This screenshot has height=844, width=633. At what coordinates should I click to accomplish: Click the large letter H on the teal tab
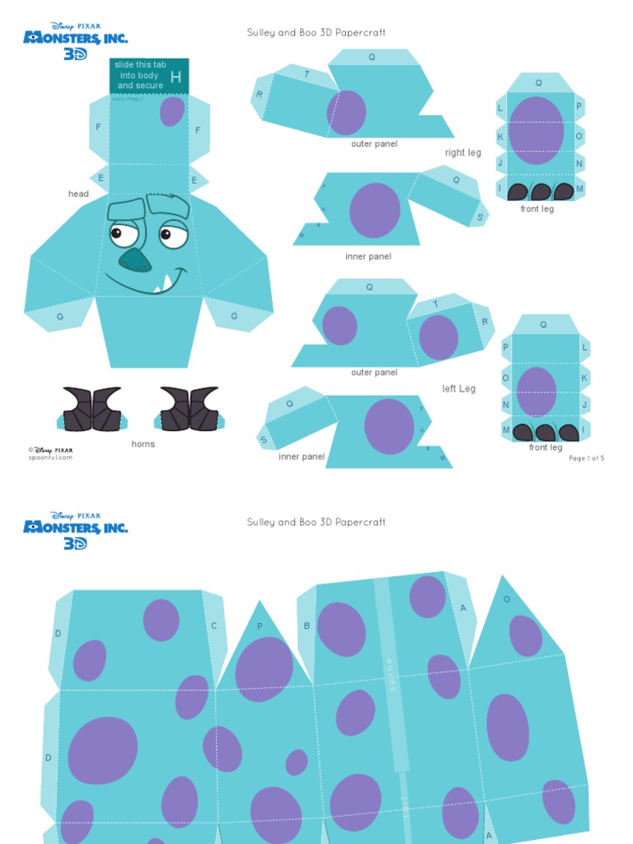176,77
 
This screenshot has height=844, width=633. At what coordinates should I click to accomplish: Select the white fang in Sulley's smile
166,283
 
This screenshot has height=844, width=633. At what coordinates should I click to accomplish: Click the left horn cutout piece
92,409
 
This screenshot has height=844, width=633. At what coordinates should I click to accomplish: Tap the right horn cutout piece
190,409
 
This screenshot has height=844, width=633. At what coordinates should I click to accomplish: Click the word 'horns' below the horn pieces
143,444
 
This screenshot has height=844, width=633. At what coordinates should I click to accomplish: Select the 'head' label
78,195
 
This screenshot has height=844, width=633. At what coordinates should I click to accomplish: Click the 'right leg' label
463,152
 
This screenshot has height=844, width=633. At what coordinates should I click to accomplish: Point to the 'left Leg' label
459,388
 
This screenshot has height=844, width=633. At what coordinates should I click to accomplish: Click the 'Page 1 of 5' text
586,458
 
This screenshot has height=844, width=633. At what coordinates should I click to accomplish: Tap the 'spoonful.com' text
50,457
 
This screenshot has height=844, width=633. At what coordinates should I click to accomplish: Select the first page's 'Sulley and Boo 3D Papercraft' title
316,33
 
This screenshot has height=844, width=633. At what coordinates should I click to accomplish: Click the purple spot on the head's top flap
171,111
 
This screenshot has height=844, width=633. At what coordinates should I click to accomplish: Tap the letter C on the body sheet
214,626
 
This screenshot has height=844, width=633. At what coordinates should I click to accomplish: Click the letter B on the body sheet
307,626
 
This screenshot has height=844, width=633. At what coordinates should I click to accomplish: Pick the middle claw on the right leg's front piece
541,192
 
